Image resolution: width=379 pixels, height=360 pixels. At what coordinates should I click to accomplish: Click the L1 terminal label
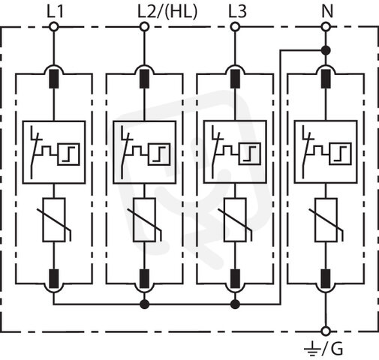[56, 12]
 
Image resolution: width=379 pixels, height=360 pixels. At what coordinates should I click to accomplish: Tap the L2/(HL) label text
[167, 12]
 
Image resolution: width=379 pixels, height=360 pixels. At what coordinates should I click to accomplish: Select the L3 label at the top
[238, 12]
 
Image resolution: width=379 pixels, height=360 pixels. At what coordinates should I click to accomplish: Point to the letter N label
[327, 12]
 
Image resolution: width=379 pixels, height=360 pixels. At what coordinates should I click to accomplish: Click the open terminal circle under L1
[54, 26]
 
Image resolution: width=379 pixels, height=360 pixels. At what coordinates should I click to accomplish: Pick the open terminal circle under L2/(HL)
[144, 26]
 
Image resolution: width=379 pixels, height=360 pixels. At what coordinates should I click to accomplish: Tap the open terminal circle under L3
[235, 26]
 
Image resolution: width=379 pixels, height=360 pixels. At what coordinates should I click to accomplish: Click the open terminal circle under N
[326, 26]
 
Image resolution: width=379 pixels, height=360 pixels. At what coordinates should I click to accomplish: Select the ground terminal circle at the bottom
[326, 331]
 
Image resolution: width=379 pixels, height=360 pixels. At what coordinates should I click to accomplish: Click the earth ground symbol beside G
[311, 349]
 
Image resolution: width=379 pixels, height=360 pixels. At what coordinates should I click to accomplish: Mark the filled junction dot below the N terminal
[326, 51]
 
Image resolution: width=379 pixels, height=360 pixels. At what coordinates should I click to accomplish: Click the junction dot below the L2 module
[144, 304]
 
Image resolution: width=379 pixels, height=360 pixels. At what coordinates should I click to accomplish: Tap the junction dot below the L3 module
[235, 304]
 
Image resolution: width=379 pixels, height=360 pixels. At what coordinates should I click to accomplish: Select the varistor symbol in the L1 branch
[54, 220]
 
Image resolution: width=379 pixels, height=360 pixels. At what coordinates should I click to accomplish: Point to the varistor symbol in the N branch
[326, 220]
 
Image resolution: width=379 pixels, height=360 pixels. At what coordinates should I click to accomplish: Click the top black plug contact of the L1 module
[54, 79]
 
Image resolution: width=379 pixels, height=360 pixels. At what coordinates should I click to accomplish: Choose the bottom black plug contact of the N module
[326, 279]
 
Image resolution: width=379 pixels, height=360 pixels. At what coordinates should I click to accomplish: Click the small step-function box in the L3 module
[249, 154]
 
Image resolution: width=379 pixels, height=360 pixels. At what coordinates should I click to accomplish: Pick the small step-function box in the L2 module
[159, 154]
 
